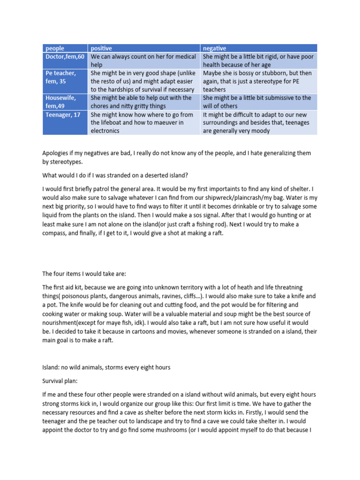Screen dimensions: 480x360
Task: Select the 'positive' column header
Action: click(x=102, y=48)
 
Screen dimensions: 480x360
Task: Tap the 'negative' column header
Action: click(x=214, y=48)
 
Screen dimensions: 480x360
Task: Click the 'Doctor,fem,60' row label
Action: click(x=64, y=57)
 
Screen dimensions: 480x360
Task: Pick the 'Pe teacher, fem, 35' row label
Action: click(x=60, y=77)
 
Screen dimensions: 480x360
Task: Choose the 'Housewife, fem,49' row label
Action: click(x=60, y=102)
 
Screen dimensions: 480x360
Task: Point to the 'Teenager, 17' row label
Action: click(x=63, y=114)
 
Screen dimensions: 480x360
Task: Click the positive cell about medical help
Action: click(x=143, y=60)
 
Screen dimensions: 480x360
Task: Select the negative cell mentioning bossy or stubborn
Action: click(x=258, y=81)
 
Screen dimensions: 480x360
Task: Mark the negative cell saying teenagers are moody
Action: click(x=259, y=122)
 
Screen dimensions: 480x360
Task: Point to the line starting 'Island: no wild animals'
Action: click(x=106, y=367)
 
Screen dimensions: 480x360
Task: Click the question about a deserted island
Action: click(x=115, y=176)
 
